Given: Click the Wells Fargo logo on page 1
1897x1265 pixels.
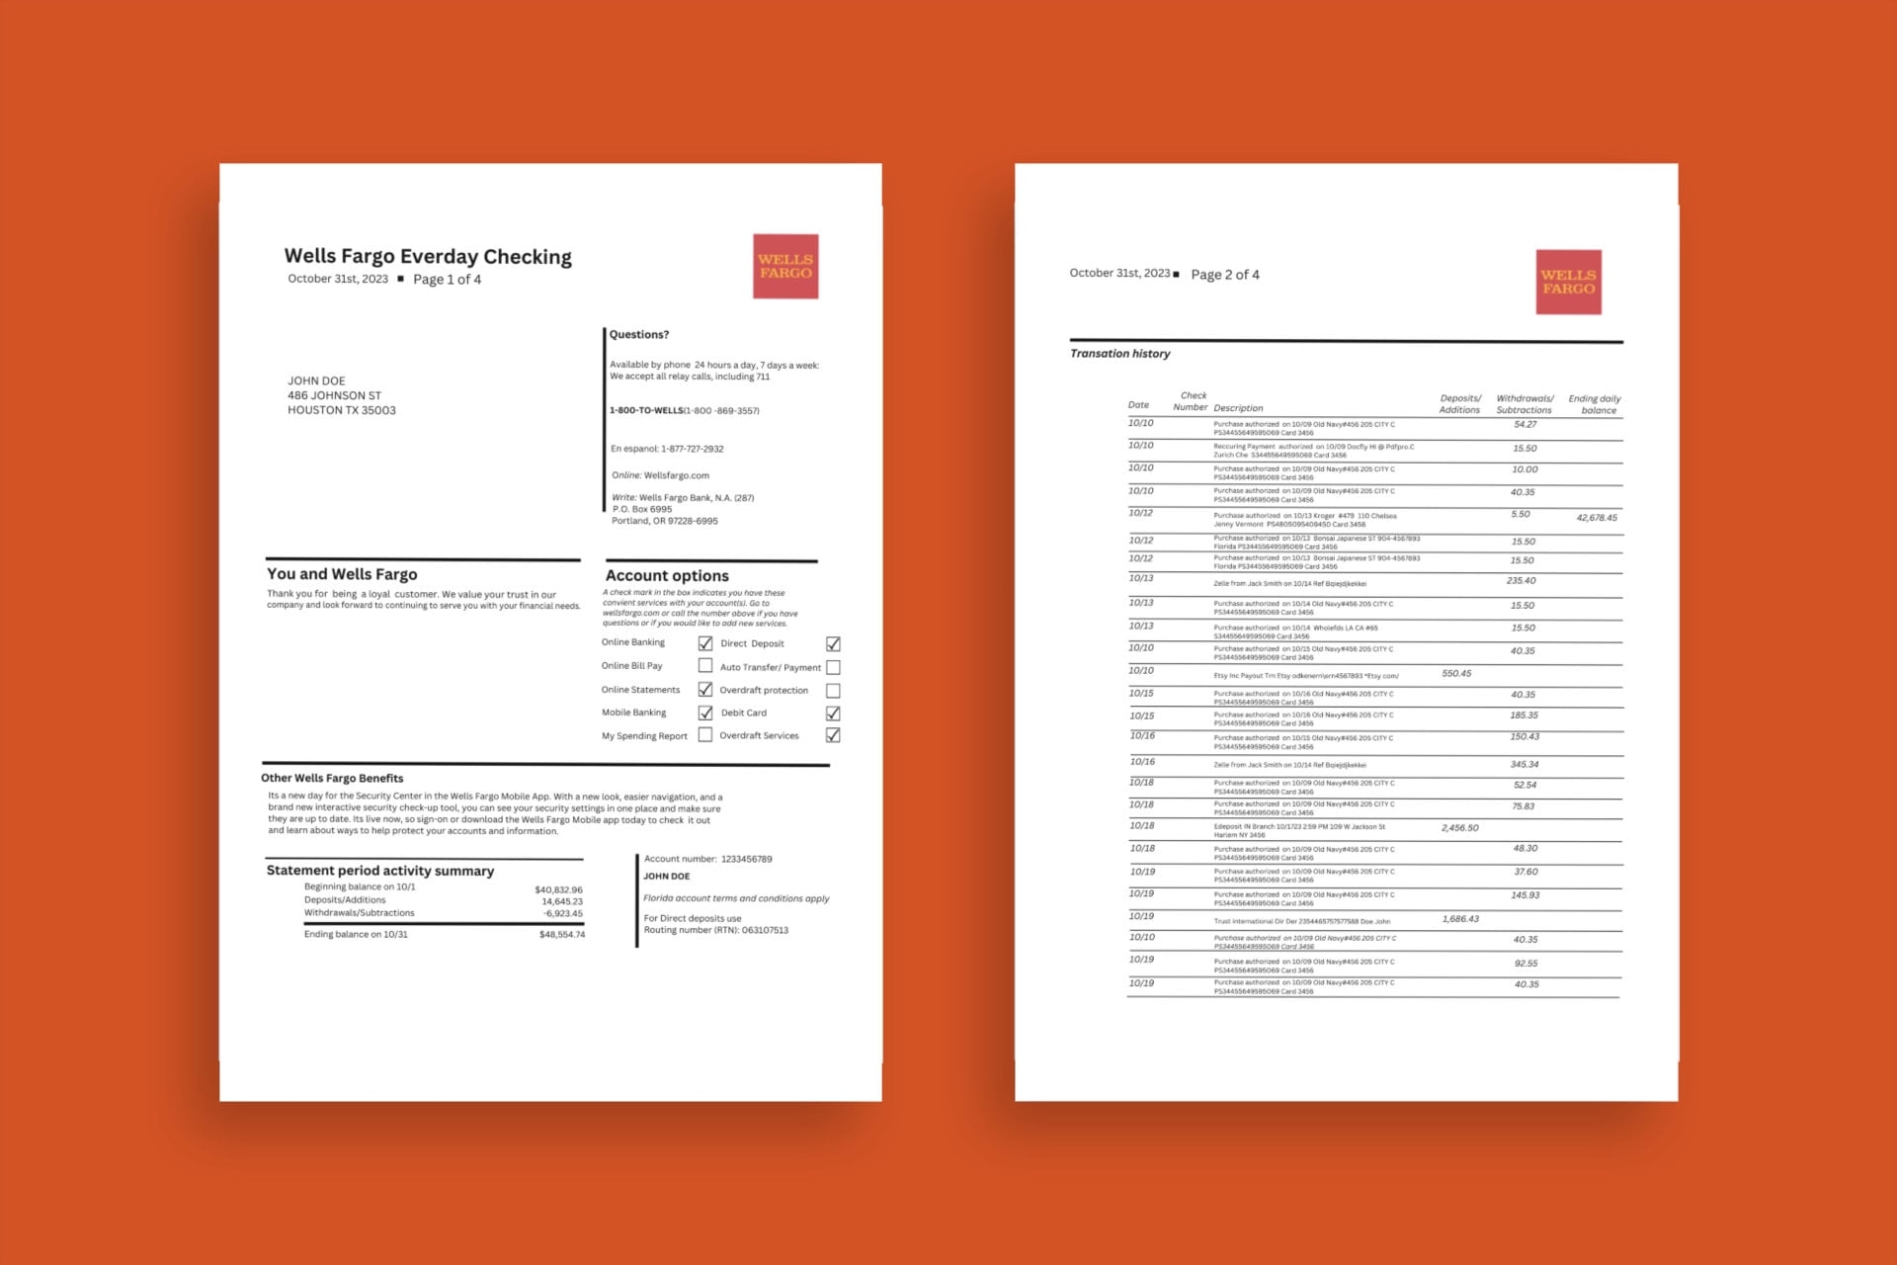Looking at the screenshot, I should point(785,266).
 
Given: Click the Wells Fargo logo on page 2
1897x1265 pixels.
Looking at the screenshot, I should point(1568,282).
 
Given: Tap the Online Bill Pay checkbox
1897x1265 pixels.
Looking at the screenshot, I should point(705,666).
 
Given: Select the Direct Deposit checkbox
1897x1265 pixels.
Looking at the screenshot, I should point(833,643).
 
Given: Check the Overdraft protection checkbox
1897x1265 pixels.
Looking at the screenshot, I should point(833,691).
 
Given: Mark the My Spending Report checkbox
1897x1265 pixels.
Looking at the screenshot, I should point(705,735).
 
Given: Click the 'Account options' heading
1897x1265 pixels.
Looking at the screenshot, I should point(667,575).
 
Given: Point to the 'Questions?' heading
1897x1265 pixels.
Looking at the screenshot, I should point(639,335).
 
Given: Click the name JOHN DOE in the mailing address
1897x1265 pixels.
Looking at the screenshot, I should point(316,380).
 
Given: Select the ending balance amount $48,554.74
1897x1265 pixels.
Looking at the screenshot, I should point(562,935).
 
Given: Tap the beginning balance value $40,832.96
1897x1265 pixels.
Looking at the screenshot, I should point(558,889).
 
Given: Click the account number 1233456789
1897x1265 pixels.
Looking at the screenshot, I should point(746,859).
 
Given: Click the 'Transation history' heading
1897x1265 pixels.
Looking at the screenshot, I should point(1119,354).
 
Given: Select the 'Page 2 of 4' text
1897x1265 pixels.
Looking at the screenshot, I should point(1225,275).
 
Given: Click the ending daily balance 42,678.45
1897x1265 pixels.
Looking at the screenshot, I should point(1597,518).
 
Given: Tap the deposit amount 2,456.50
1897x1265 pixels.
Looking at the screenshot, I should point(1459,828).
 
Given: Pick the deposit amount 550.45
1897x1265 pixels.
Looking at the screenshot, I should point(1456,674).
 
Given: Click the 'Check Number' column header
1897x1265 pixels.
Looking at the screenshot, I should point(1192,401).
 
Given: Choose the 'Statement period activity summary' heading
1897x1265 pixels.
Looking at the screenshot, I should point(380,871).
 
